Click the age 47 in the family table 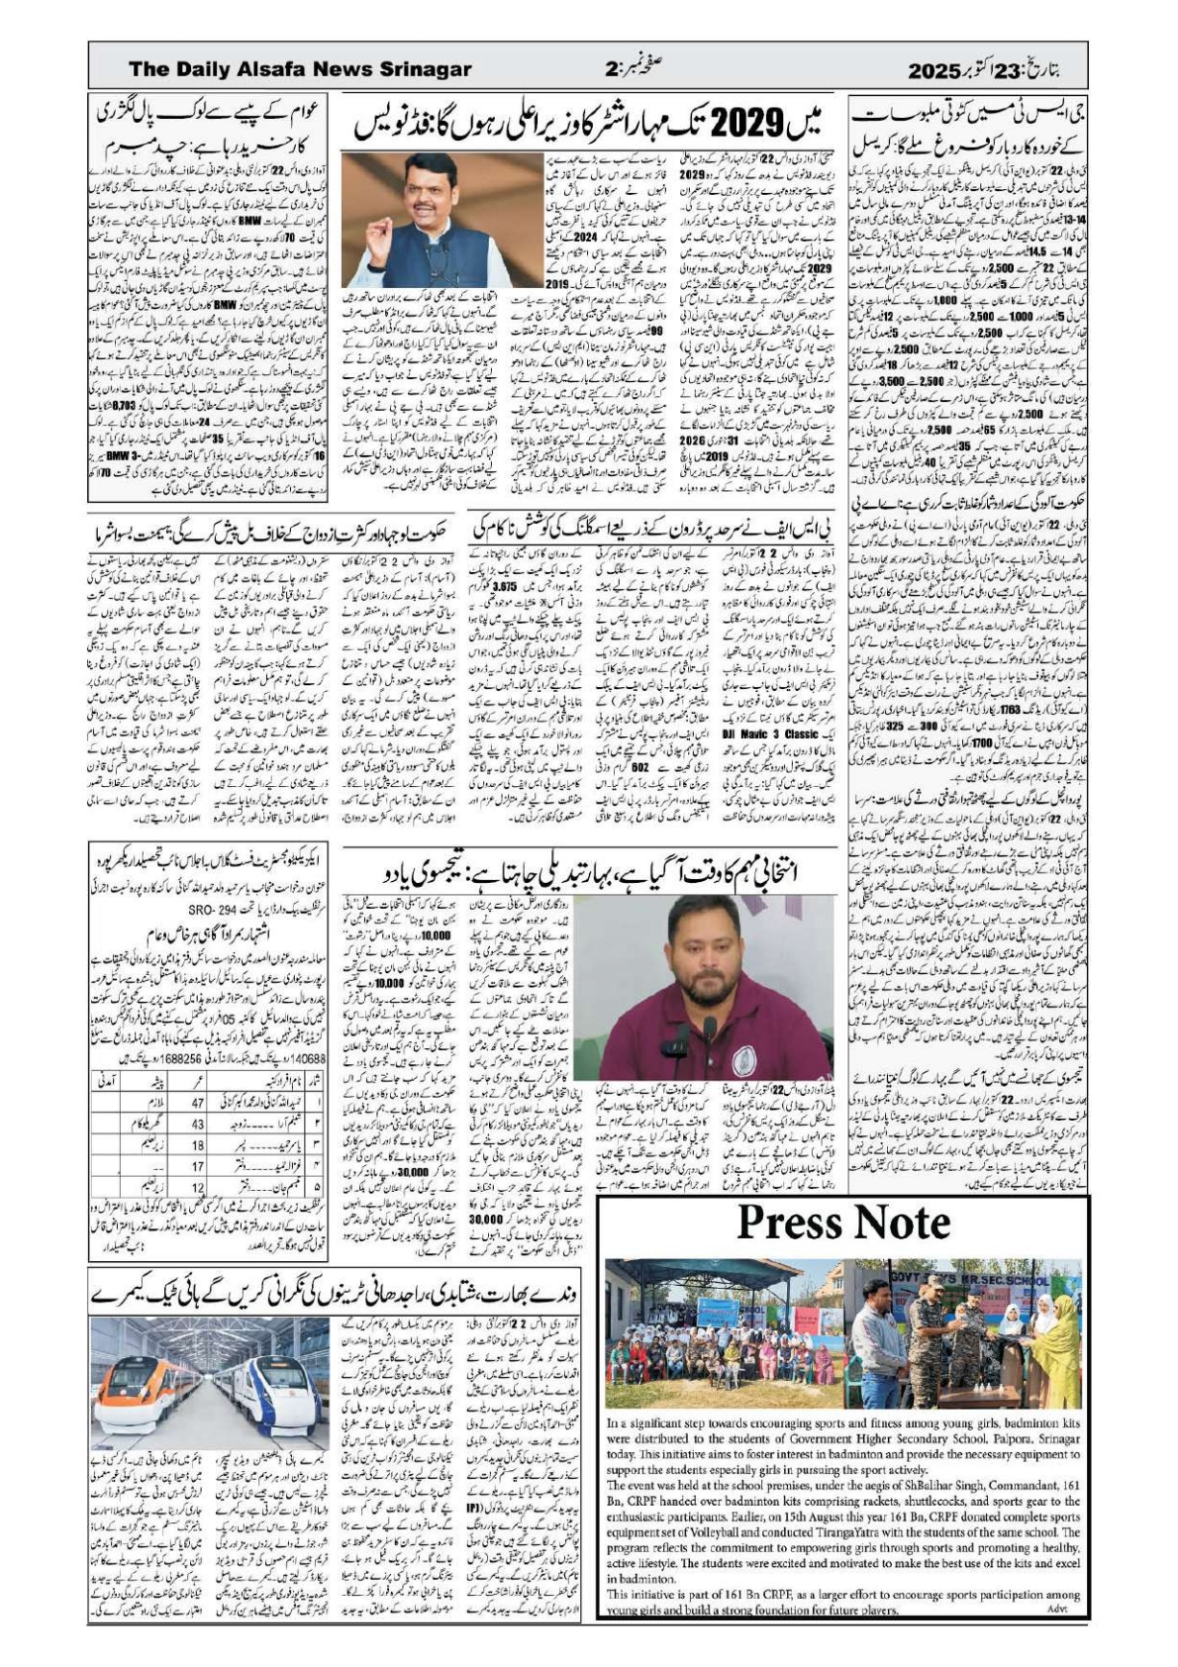point(196,1103)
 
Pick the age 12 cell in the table point(196,1185)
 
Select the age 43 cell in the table point(196,1124)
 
